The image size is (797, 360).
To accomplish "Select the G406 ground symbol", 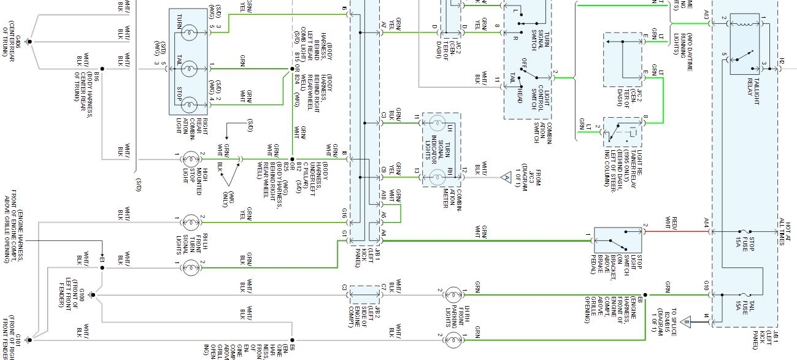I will pyautogui.click(x=29, y=42).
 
